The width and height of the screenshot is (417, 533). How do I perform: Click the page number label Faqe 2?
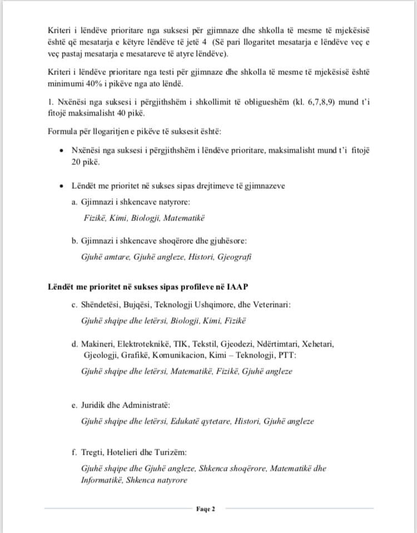[205, 508]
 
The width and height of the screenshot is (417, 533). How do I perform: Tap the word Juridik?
[95, 405]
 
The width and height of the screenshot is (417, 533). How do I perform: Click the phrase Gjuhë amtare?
[103, 257]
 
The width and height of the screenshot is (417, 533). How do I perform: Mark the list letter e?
[74, 405]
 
